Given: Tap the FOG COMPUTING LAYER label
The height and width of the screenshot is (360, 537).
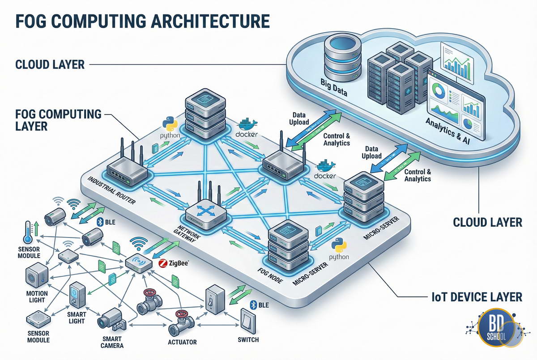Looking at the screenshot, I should (58, 120).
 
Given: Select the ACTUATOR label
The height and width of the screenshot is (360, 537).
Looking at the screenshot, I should (182, 343).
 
